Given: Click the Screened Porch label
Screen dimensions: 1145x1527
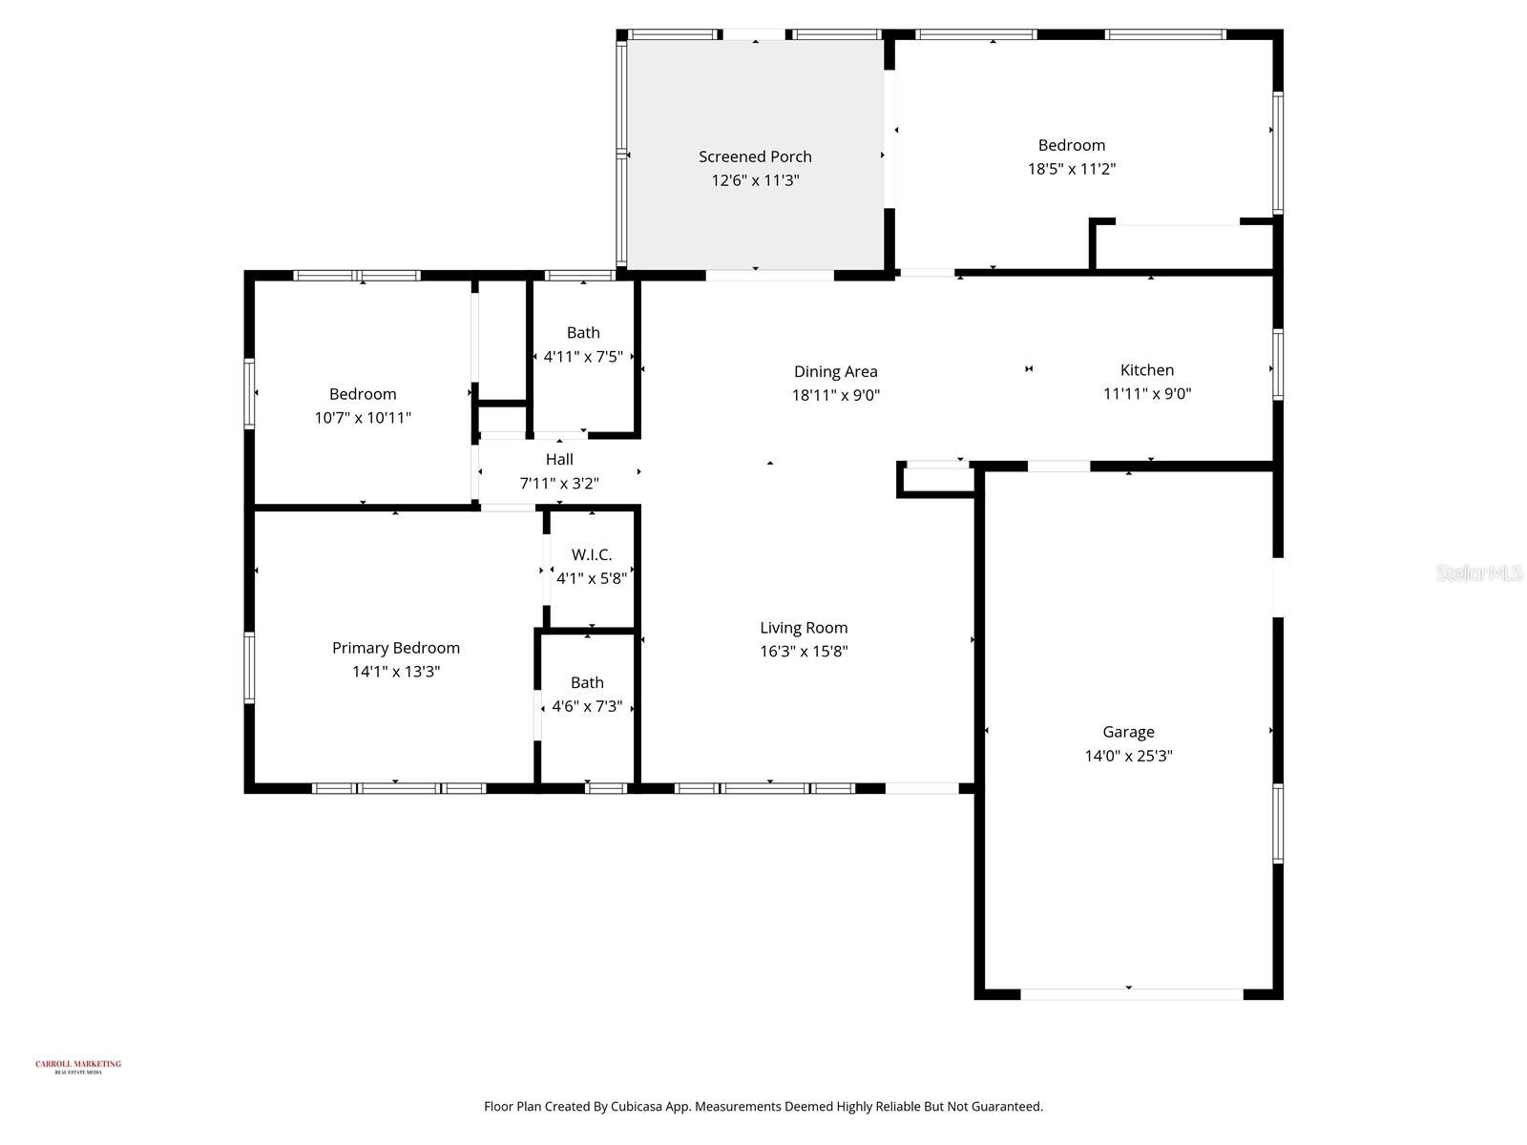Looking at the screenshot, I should (755, 156).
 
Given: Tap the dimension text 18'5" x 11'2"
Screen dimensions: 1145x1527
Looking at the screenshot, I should (1072, 169).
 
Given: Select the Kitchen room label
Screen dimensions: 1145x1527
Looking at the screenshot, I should (1147, 370).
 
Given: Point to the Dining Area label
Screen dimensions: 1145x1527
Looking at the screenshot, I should (835, 372).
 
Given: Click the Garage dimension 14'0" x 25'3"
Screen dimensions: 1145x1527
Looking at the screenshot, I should (1128, 756).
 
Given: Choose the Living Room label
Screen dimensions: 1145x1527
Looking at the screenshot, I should (804, 628).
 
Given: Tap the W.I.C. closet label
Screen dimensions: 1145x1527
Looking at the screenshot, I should (592, 554).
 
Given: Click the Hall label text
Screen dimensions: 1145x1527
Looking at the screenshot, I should (559, 460).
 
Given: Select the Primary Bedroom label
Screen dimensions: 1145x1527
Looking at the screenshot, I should (396, 648).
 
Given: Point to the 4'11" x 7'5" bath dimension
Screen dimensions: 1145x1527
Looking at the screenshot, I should (583, 357).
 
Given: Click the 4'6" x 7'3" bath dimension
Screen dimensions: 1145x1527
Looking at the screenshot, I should (587, 707).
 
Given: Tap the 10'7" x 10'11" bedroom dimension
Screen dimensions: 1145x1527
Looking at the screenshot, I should (363, 418).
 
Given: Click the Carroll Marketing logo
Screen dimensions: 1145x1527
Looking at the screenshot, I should (78, 1067).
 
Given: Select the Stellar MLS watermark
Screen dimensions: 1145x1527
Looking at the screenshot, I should (1478, 572).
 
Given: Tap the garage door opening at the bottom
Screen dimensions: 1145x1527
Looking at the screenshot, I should (1132, 994).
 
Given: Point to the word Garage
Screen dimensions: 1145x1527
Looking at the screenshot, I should (1128, 732).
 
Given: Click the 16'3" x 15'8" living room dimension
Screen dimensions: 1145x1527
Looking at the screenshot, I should (804, 652).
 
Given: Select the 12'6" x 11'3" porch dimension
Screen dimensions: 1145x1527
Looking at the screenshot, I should (755, 180).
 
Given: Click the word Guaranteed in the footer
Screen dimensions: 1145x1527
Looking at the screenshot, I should (1006, 1107).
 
